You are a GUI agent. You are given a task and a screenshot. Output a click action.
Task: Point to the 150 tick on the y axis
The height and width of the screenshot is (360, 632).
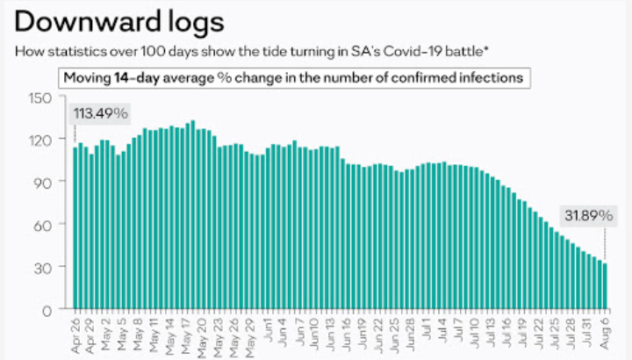(41, 97)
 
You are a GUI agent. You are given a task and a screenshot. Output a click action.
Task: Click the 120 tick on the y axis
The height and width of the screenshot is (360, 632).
(41, 139)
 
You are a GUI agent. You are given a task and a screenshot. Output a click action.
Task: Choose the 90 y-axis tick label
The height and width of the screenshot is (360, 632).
(45, 182)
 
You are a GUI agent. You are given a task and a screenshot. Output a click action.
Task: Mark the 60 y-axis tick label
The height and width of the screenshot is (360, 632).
(45, 224)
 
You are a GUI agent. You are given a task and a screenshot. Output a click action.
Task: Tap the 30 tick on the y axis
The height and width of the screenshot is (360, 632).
(45, 267)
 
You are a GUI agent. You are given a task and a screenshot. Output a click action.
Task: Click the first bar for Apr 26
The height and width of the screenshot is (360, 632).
(76, 228)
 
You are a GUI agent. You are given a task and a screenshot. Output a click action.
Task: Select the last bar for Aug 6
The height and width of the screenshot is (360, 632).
(606, 286)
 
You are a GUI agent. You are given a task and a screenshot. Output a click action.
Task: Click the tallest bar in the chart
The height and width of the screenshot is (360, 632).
(192, 214)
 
